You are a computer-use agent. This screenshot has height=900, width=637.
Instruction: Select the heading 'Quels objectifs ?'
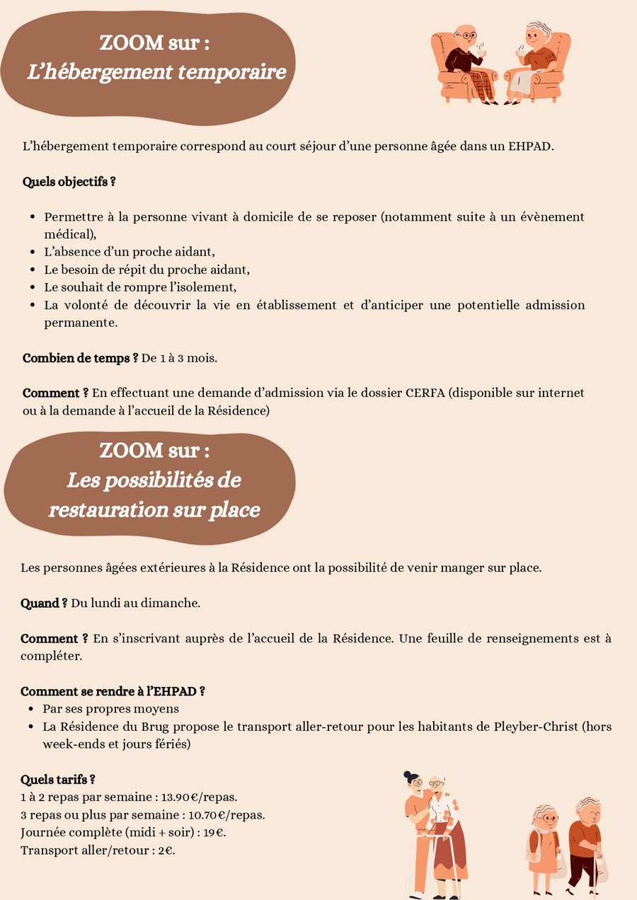point(69,182)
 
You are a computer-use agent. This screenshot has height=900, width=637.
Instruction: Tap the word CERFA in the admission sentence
point(425,393)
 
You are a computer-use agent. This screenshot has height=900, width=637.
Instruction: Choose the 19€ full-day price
point(212,832)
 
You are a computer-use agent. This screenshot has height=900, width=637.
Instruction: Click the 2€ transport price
point(166,850)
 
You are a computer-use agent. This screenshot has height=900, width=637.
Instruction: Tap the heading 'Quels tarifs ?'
point(58,780)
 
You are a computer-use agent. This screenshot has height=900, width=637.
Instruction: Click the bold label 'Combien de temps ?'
point(80,357)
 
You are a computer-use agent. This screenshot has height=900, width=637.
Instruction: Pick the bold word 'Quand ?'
point(44,604)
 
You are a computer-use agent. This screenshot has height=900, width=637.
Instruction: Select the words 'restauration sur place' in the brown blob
point(154,509)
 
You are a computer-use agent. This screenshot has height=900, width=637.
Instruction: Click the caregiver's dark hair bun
point(408,776)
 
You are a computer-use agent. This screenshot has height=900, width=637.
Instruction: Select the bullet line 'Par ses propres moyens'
point(110,708)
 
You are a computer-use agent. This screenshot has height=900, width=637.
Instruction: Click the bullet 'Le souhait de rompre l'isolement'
point(139,287)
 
